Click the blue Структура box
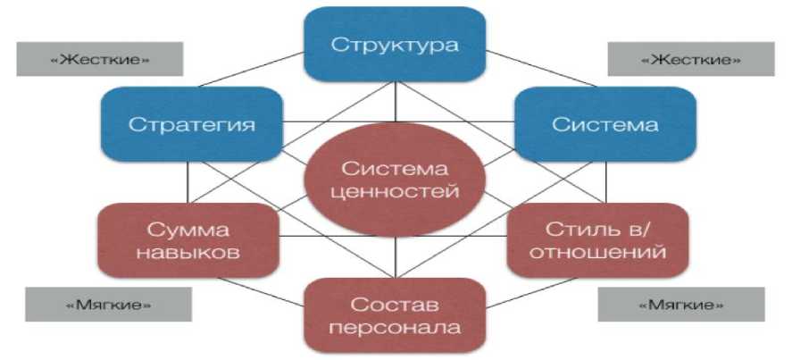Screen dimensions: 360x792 (396, 44)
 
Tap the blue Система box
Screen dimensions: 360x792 (604, 123)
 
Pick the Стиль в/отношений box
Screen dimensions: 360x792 (597, 240)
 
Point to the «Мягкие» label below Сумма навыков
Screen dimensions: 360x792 (108, 305)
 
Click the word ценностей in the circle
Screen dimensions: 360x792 (396, 191)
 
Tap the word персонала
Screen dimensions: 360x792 (396, 327)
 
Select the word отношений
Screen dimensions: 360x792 (597, 252)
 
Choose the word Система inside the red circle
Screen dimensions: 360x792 (396, 168)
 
